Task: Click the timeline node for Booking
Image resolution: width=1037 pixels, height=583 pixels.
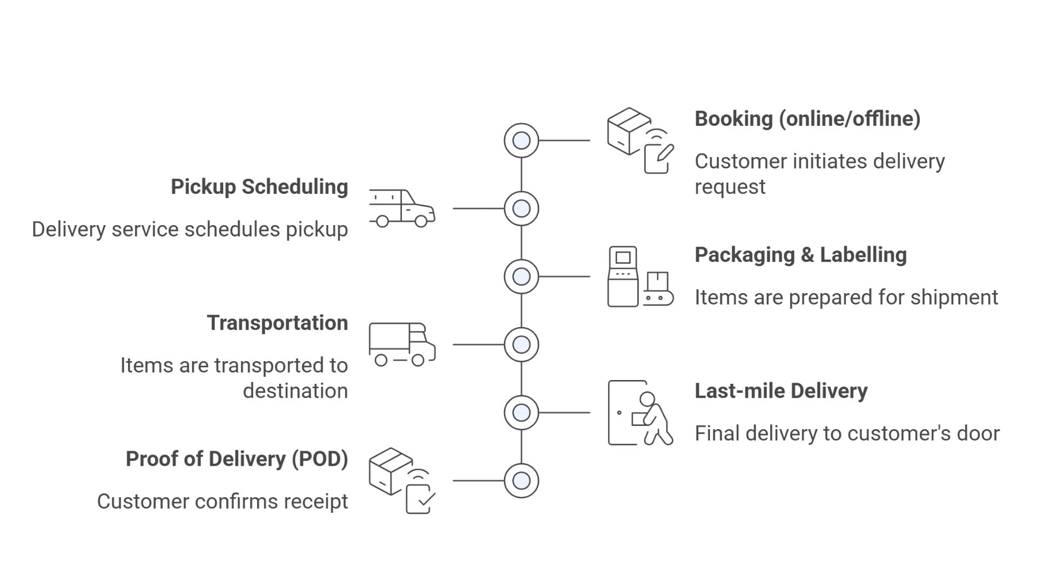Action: (x=521, y=140)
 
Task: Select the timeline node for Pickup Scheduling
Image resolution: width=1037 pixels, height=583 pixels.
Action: (x=521, y=208)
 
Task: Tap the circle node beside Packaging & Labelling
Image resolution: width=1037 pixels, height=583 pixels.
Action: (x=521, y=276)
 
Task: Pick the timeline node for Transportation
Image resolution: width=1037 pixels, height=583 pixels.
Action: (x=521, y=344)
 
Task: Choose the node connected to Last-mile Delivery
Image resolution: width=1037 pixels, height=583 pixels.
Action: (x=521, y=412)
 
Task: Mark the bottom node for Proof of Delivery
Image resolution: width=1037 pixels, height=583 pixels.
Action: (x=521, y=480)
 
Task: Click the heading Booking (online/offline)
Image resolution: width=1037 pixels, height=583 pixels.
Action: (x=807, y=119)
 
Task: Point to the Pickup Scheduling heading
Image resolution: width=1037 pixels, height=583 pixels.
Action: (x=259, y=187)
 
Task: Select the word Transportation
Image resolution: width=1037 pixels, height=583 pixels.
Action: (x=277, y=323)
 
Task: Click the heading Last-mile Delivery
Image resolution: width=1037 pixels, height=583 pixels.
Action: (x=780, y=391)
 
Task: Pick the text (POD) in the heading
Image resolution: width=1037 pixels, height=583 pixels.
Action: (x=320, y=459)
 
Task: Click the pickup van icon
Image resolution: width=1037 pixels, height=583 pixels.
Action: (x=402, y=208)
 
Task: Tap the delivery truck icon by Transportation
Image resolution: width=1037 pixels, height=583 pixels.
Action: (x=402, y=344)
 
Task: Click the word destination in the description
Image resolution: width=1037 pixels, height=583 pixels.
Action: (x=295, y=391)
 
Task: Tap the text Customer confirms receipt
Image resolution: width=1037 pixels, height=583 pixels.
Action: (x=223, y=501)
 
